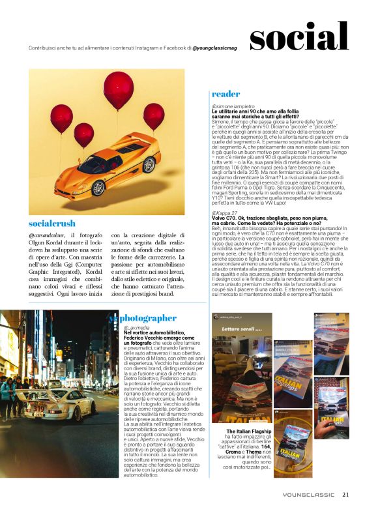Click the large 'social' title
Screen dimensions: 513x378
[x=298, y=37]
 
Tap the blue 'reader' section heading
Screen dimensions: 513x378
[x=227, y=94]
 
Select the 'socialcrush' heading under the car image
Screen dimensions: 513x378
[x=53, y=224]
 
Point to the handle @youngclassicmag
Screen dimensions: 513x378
[x=220, y=48]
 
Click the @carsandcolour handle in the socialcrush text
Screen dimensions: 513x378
[x=48, y=235]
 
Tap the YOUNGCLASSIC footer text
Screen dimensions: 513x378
[x=310, y=495]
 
